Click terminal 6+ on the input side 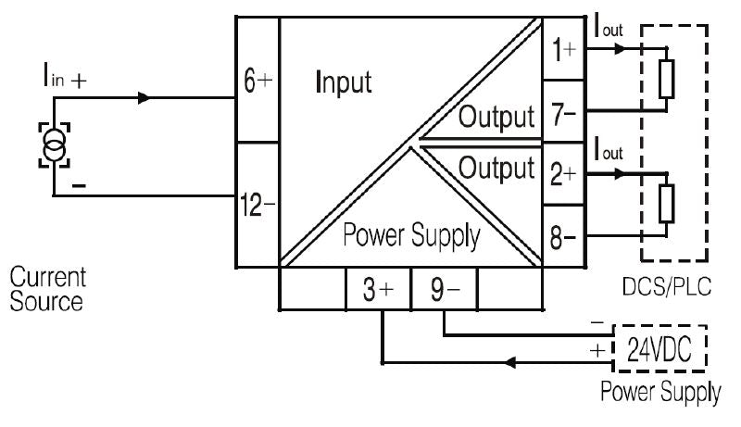click(x=257, y=82)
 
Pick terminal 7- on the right click(x=563, y=114)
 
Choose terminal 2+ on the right click(x=563, y=173)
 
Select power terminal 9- click(x=443, y=290)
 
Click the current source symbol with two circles click(x=54, y=145)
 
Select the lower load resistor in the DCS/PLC click(x=664, y=205)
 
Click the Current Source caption click(x=47, y=289)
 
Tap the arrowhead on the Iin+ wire click(x=142, y=96)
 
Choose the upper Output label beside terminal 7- click(x=497, y=118)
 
